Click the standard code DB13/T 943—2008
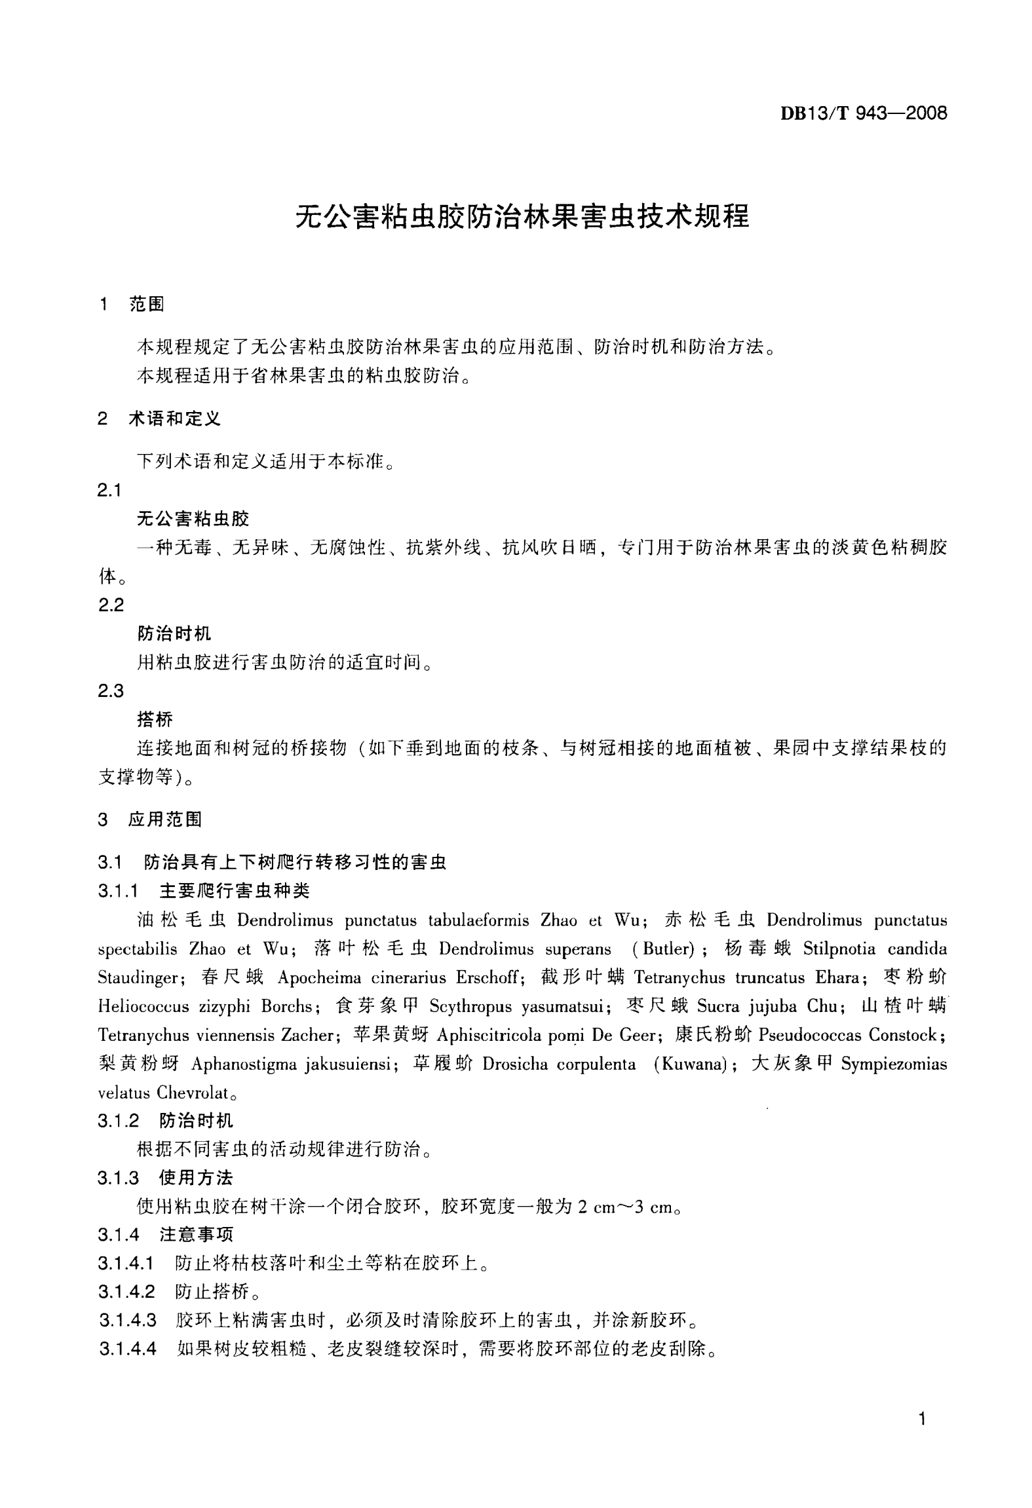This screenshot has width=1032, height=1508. tap(863, 113)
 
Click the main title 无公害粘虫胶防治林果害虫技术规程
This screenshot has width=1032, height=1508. tap(522, 216)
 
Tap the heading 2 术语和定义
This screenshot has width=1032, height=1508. tap(159, 419)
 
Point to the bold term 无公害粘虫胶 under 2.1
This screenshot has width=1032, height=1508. tap(193, 519)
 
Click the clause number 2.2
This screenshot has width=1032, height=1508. tap(111, 605)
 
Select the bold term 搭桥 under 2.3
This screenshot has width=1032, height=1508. tap(155, 719)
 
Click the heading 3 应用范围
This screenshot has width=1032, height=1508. tap(150, 819)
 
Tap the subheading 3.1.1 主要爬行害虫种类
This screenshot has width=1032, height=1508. tap(204, 890)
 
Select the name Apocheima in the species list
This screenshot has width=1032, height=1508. tap(319, 978)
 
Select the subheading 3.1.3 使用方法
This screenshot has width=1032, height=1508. tap(166, 1178)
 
